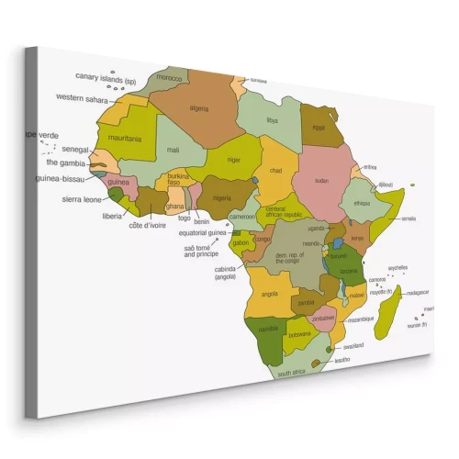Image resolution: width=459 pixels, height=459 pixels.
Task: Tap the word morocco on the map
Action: (x=170, y=78)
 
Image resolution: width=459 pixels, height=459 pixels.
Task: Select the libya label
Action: (x=271, y=120)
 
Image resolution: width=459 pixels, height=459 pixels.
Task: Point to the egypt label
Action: (x=319, y=129)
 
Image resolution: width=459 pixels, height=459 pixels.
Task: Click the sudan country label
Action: (x=322, y=182)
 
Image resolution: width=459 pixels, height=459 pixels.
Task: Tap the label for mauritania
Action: (x=126, y=139)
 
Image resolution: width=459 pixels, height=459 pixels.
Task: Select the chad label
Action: (x=275, y=171)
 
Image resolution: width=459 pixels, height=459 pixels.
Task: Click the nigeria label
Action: (x=222, y=197)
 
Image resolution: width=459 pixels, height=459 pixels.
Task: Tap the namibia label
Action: (x=268, y=328)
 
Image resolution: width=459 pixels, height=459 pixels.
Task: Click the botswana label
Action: (x=298, y=335)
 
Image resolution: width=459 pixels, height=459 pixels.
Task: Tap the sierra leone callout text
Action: (x=81, y=199)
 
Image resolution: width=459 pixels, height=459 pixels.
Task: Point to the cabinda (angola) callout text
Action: (x=226, y=273)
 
